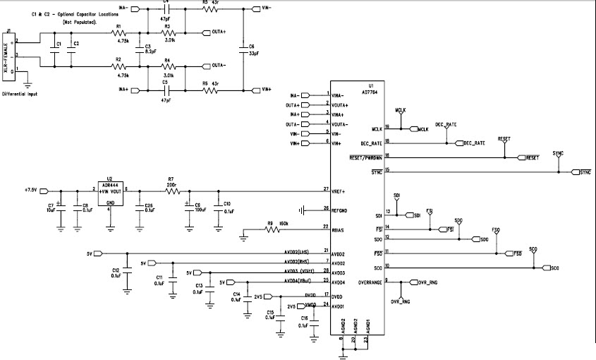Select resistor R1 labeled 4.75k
coord(118,33)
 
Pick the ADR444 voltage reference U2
coord(109,191)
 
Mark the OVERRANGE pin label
coord(370,282)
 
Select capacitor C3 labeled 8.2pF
coord(148,49)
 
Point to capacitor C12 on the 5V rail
coord(127,272)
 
